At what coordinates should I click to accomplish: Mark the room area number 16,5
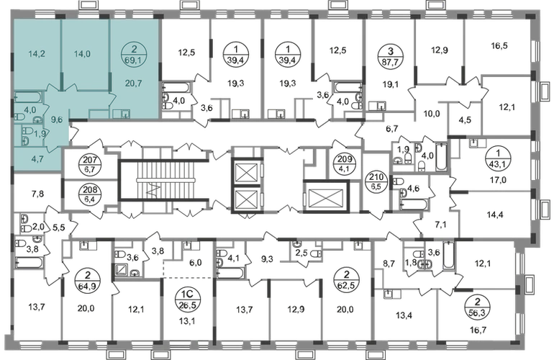(499, 45)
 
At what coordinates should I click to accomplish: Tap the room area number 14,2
(37, 54)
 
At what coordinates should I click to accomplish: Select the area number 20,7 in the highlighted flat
(134, 84)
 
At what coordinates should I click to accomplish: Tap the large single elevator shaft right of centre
(326, 197)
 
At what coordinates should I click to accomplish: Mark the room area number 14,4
(495, 215)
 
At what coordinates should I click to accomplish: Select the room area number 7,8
(37, 194)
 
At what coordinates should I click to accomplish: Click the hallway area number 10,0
(431, 114)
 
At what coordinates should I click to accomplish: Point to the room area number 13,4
(402, 315)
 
